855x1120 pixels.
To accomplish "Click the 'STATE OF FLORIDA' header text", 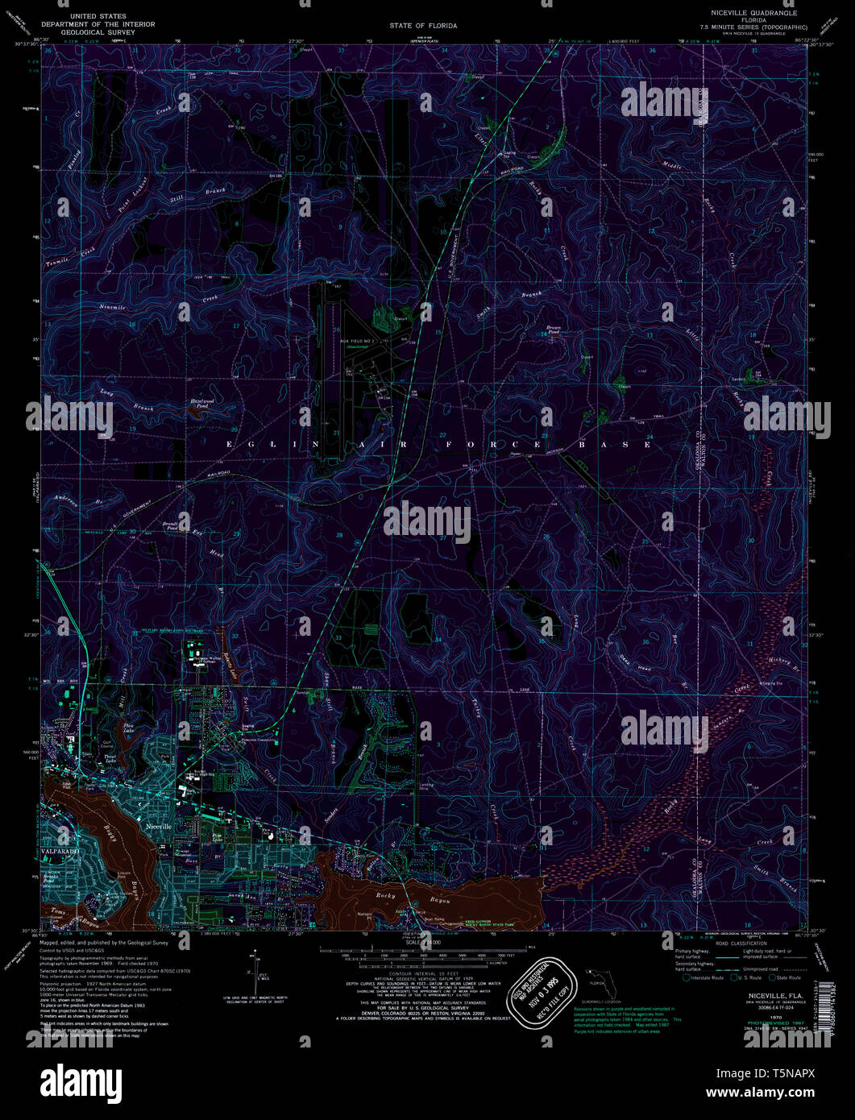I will (423, 26).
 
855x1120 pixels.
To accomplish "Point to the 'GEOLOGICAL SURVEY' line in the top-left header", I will (112, 32).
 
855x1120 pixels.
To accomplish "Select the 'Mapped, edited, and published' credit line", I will (105, 942).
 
